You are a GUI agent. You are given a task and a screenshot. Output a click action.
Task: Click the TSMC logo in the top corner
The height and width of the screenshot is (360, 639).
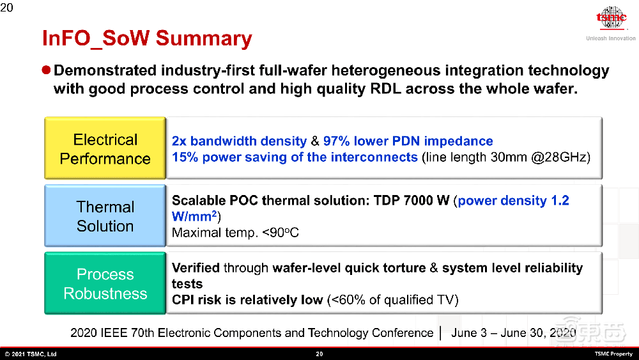point(612,18)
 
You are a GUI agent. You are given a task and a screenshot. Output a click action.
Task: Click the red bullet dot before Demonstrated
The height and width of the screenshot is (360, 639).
point(46,70)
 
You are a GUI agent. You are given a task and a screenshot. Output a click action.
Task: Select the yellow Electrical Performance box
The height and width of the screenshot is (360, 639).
point(105,148)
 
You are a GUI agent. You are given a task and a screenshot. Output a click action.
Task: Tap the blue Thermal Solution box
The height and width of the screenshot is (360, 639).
point(105,215)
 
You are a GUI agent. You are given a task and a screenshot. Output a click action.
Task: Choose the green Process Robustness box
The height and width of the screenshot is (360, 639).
point(105,283)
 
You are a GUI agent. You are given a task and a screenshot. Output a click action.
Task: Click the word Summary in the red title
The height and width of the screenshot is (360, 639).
point(204,39)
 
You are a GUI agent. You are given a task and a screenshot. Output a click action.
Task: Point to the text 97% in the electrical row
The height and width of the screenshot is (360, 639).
point(336,141)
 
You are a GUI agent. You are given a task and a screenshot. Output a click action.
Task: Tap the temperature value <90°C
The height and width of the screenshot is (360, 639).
point(281,233)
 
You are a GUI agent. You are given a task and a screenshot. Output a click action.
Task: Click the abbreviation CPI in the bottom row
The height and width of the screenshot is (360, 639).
point(183,300)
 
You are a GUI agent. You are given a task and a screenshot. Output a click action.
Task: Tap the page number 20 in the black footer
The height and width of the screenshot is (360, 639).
point(319,354)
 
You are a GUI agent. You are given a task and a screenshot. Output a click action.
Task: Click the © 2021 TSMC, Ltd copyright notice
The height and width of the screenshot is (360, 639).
point(31,354)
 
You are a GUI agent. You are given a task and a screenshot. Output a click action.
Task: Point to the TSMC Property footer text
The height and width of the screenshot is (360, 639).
point(613,354)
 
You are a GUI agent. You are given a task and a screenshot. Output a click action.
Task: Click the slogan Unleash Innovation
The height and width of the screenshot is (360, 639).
point(611,38)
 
